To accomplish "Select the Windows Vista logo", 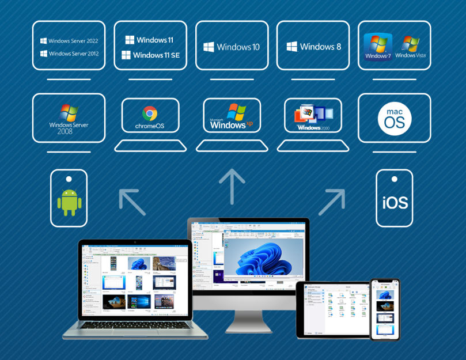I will pyautogui.click(x=410, y=47).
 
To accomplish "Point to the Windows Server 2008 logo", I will pyautogui.click(x=69, y=119).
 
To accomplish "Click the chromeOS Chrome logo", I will pyautogui.click(x=150, y=112).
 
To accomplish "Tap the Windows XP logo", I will pyautogui.click(x=232, y=116).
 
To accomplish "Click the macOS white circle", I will pyautogui.click(x=395, y=119).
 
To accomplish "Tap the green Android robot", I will pyautogui.click(x=69, y=202).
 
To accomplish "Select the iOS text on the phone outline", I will pyautogui.click(x=395, y=203).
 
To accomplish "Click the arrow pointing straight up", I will pyautogui.click(x=232, y=186).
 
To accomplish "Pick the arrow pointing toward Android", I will pyautogui.click(x=132, y=202).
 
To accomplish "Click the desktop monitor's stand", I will pyautogui.click(x=248, y=320).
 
